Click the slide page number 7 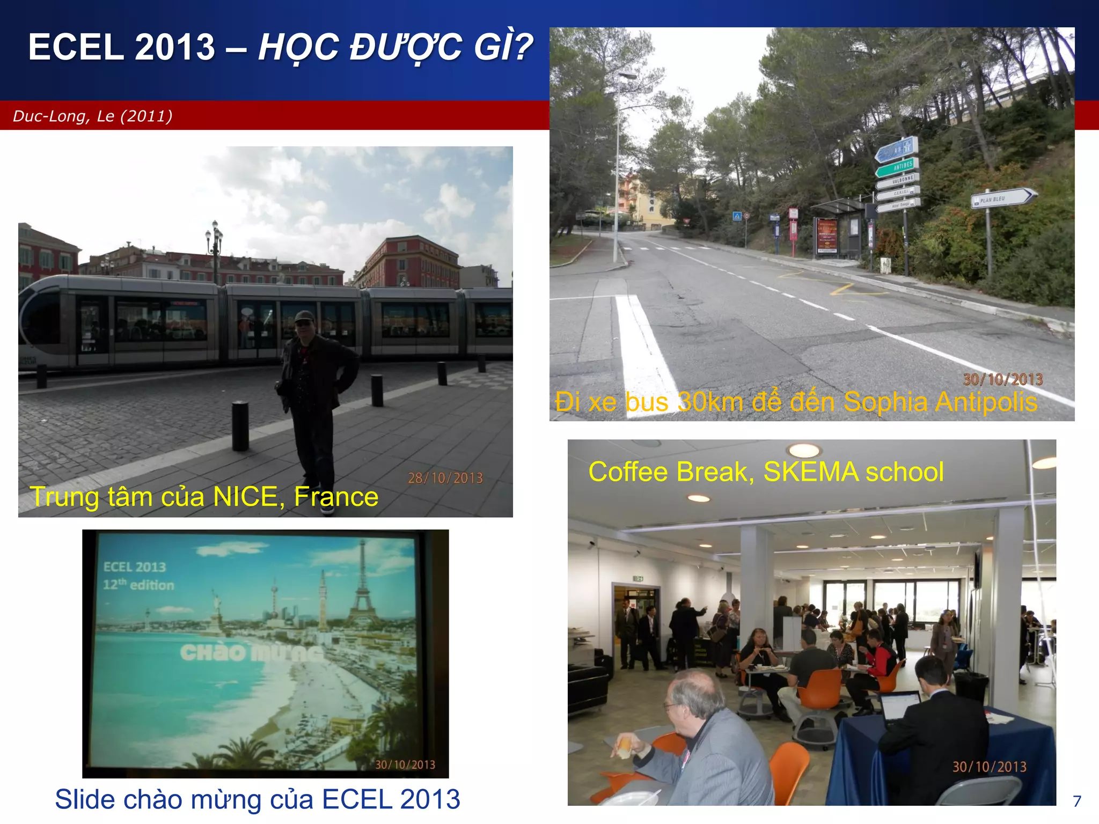click(1076, 801)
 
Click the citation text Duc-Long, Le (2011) click(92, 116)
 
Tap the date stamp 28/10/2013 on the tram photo click(445, 478)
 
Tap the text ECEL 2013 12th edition click(138, 576)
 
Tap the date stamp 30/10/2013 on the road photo click(1002, 379)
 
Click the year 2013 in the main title click(175, 47)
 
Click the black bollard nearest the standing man click(240, 425)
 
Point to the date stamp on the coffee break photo click(989, 767)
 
